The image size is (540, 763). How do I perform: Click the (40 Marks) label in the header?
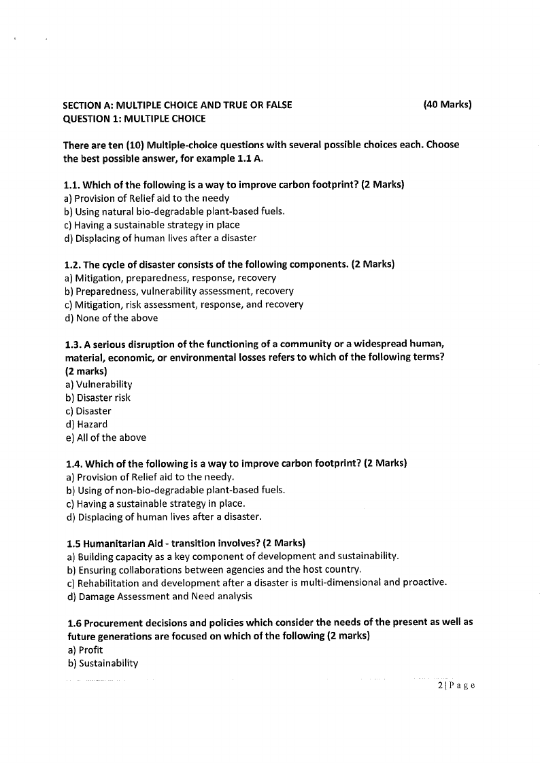coord(447,105)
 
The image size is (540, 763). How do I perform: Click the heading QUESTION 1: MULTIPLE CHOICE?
coord(134,119)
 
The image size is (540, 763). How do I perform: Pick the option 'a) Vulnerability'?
coord(99,385)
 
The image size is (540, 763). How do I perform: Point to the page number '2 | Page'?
coord(456,686)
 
